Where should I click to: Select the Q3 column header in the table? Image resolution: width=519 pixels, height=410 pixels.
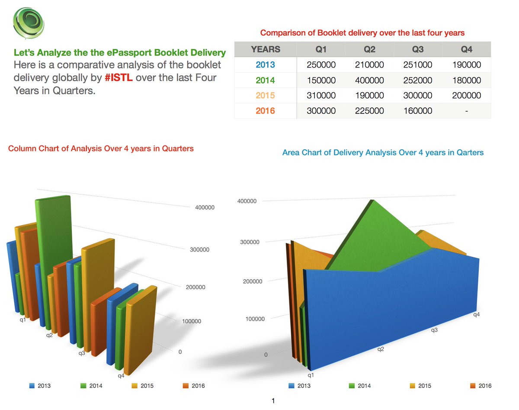pos(418,49)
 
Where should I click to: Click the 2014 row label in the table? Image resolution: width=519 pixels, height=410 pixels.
pos(265,81)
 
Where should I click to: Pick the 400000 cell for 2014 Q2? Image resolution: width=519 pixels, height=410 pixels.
pos(369,81)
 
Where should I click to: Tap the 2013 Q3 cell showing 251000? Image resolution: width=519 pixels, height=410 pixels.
pos(418,65)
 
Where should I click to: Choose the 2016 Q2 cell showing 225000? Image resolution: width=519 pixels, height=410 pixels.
pos(369,111)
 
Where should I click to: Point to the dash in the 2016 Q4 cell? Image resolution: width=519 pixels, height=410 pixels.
pos(467,111)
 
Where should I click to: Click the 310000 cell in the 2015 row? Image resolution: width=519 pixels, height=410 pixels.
pos(321,96)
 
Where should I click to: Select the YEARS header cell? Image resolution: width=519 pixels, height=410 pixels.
pos(265,49)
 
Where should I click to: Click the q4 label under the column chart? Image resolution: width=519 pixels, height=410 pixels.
pos(121,376)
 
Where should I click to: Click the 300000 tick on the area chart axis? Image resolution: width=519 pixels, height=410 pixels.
pos(250,242)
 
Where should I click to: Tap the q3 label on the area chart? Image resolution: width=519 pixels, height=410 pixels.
pos(434,330)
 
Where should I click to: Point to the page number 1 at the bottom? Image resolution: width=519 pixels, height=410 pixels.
pos(272,401)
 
